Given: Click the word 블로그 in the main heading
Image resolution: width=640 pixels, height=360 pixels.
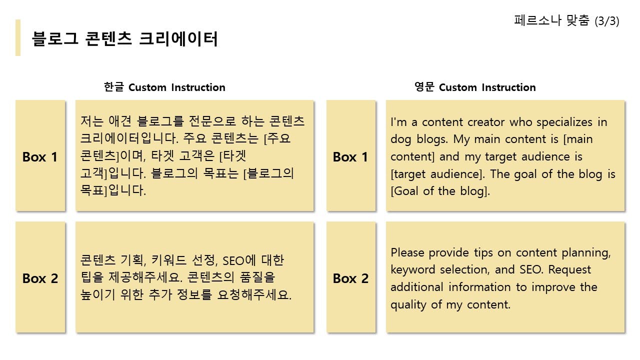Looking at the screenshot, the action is (x=55, y=38).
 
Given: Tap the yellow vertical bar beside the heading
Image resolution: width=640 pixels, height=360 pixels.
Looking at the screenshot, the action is (x=18, y=37).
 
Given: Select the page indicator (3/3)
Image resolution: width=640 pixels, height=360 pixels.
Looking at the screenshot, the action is (x=607, y=21).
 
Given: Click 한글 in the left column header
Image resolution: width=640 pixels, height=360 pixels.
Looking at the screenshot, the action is (x=113, y=87).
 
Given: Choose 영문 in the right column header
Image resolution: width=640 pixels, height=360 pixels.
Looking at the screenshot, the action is (x=424, y=87).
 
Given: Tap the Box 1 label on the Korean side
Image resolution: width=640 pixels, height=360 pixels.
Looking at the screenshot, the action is (x=40, y=157).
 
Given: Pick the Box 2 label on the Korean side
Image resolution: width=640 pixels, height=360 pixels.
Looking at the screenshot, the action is (x=40, y=278).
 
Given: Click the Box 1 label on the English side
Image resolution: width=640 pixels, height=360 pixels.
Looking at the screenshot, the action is (x=350, y=157).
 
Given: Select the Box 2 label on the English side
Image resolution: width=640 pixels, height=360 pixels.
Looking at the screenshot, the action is (x=350, y=278).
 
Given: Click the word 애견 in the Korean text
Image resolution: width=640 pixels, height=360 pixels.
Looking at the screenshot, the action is (x=119, y=121).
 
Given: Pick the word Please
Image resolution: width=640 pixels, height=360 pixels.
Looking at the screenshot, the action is (x=407, y=252).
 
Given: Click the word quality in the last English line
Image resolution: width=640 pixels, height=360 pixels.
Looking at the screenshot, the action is (x=408, y=305).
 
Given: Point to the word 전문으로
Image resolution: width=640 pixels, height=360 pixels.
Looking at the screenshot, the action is (x=212, y=121).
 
